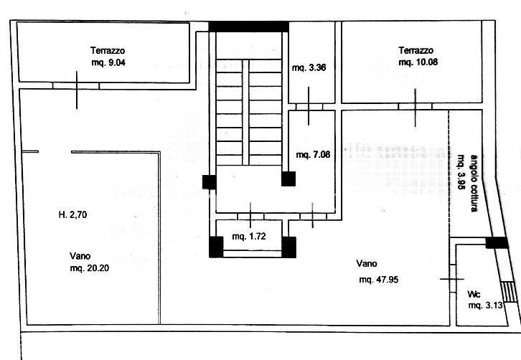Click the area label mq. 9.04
pyautogui.click(x=108, y=62)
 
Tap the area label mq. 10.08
pyautogui.click(x=418, y=62)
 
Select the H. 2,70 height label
pyautogui.click(x=72, y=215)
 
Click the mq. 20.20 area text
pyautogui.click(x=90, y=268)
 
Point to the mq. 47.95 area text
pyautogui.click(x=378, y=280)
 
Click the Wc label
pyautogui.click(x=474, y=294)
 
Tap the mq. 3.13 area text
pyautogui.click(x=485, y=305)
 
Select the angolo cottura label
pyautogui.click(x=474, y=183)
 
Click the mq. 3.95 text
pyautogui.click(x=461, y=172)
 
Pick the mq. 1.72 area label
pyautogui.click(x=249, y=237)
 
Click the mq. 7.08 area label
pyautogui.click(x=313, y=155)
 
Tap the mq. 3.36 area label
pyautogui.click(x=309, y=67)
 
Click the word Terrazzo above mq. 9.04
pyautogui.click(x=108, y=50)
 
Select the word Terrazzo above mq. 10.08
pyautogui.click(x=416, y=50)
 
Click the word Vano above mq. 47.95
pyautogui.click(x=367, y=263)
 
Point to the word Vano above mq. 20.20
pyautogui.click(x=80, y=256)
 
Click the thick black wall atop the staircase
pyautogui.click(x=248, y=27)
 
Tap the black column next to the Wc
pyautogui.click(x=497, y=243)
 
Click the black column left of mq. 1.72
pyautogui.click(x=216, y=247)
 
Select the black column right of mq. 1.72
pyautogui.click(x=288, y=247)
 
